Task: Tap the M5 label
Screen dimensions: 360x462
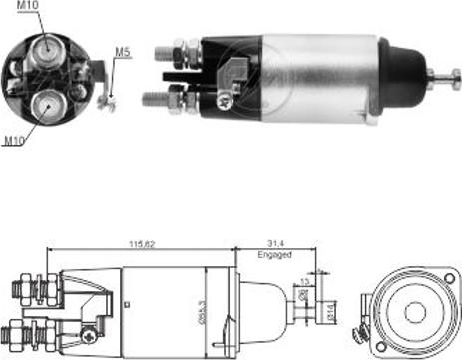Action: (x=122, y=52)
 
